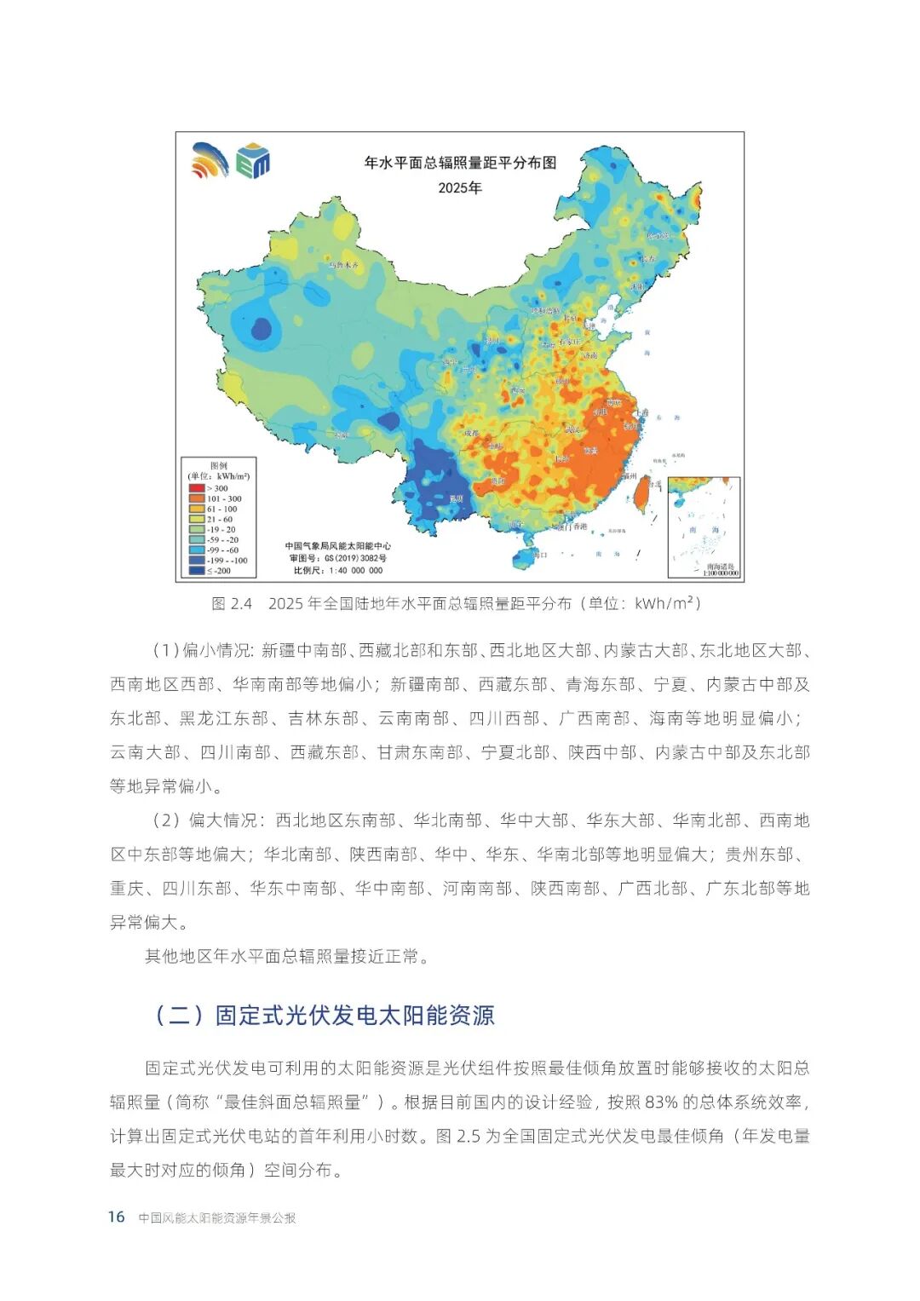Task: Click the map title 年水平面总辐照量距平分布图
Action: point(460,163)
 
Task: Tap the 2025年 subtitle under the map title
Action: point(460,187)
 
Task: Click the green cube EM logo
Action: point(253,161)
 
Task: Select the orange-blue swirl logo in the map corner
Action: point(210,160)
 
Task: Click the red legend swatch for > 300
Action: point(197,488)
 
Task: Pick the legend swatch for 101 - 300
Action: point(197,498)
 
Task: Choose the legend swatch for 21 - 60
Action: point(197,519)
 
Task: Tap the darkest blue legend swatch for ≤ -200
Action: point(197,571)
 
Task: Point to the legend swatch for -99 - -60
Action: point(197,550)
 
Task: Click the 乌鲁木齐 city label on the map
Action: point(344,266)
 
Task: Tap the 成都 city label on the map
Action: point(471,433)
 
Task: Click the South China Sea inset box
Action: point(704,527)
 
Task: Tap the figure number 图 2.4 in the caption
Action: point(232,604)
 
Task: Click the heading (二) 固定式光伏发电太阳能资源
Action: point(324,1015)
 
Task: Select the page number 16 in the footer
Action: point(116,1217)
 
